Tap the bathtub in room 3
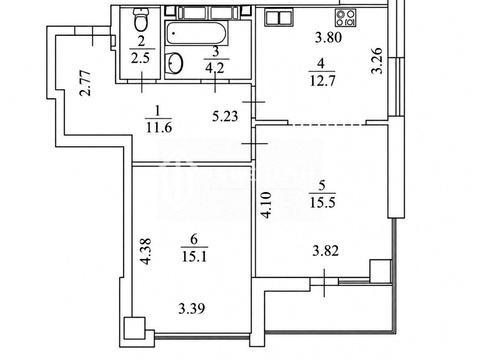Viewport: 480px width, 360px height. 197,33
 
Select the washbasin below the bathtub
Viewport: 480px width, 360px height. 174,62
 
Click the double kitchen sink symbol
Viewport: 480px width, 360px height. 279,17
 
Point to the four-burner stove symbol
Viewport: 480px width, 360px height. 346,18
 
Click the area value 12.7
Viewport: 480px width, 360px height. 322,80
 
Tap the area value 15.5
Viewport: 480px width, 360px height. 322,202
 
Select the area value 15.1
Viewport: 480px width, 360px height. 194,256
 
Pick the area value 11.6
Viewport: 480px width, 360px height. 159,127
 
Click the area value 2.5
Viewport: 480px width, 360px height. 140,58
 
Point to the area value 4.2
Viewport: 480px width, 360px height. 215,68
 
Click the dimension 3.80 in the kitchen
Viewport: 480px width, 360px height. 328,37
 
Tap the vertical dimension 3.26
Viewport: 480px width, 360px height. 377,61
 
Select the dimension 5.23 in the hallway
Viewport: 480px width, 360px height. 225,116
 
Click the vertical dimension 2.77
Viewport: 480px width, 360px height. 86,83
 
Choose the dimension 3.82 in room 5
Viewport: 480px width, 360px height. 326,251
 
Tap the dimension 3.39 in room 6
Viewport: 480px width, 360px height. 192,309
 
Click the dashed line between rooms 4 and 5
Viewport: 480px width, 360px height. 327,125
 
